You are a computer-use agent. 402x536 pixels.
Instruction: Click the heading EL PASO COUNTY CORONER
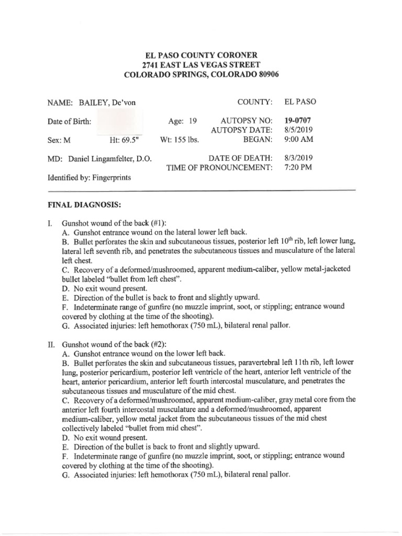201,55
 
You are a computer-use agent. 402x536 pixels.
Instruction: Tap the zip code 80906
265,75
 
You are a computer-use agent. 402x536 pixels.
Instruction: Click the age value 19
192,121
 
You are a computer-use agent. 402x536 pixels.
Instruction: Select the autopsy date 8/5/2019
297,130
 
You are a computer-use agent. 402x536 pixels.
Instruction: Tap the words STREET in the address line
244,65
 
